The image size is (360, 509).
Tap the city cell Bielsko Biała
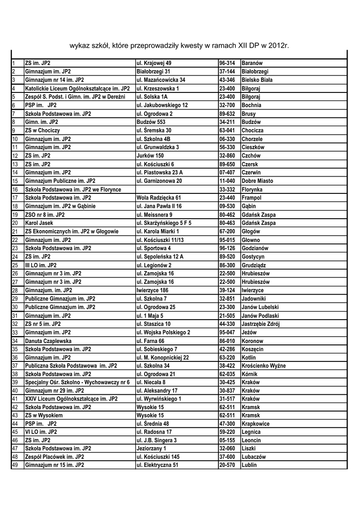click(x=257, y=80)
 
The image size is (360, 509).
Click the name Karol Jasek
click(x=39, y=223)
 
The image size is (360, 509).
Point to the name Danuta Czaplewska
click(x=48, y=341)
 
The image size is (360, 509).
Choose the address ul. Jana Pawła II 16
click(x=159, y=206)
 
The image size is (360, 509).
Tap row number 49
click(x=15, y=465)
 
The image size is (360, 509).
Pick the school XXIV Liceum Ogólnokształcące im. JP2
click(x=72, y=398)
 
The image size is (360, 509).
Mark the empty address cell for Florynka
click(x=176, y=189)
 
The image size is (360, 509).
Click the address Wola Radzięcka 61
click(x=159, y=197)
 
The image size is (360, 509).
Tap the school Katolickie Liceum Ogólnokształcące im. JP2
click(x=77, y=88)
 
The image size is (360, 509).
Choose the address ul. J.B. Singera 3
click(x=157, y=440)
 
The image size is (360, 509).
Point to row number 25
click(x=15, y=265)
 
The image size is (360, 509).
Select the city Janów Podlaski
click(x=260, y=316)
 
